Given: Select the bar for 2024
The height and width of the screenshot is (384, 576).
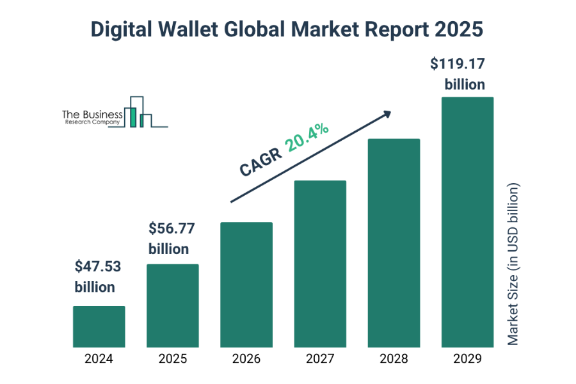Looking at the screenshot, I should (x=99, y=326).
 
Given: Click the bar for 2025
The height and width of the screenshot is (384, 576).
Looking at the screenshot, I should (x=173, y=306).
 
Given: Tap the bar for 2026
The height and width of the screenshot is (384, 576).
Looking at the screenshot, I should (x=246, y=285).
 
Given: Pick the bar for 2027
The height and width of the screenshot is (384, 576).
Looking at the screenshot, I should (x=320, y=264).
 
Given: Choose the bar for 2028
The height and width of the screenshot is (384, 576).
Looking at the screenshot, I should (x=394, y=243).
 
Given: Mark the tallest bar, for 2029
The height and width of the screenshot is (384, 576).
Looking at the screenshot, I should (x=467, y=222).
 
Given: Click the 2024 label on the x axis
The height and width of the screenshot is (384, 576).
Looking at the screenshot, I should (x=99, y=359).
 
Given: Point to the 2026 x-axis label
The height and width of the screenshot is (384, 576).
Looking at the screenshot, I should (x=246, y=359).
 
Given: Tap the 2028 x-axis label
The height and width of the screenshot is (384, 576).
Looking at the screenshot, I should (x=394, y=359).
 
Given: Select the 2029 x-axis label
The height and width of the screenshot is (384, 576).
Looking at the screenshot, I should (x=467, y=359).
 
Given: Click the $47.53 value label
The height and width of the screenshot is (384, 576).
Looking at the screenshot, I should (x=98, y=266).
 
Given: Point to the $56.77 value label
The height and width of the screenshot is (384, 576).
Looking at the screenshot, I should (x=172, y=228).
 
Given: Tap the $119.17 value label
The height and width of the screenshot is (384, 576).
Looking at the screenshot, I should (x=458, y=64).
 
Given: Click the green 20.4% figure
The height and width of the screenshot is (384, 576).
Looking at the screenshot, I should (x=307, y=139).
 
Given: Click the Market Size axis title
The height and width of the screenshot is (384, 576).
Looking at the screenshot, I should (x=513, y=264).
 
